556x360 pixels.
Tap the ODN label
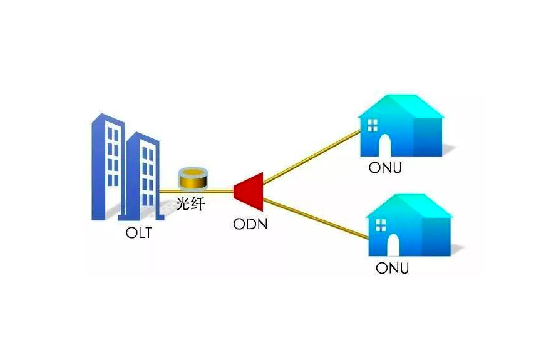point(250,224)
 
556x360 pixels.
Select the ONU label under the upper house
point(385,169)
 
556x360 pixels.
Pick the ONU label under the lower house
point(392,269)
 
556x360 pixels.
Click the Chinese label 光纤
point(190,204)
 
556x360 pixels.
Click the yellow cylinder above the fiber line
point(193,178)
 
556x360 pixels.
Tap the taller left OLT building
point(106,166)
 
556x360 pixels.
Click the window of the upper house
point(372,125)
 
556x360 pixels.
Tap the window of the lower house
point(379,224)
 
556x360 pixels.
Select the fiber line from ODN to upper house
point(313,156)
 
